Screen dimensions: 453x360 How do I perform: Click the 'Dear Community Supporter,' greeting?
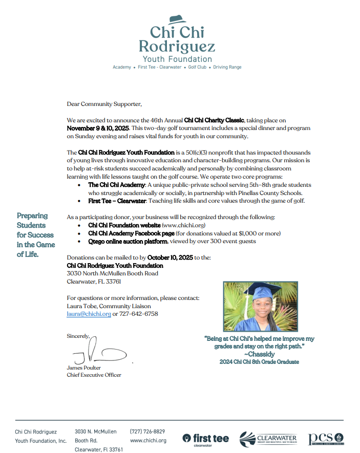(104, 104)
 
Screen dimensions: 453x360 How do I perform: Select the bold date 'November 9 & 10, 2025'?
(98, 127)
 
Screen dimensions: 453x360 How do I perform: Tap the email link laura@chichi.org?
(89, 314)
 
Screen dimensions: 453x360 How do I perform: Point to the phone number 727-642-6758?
(139, 314)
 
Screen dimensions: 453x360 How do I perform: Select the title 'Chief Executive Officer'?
(94, 375)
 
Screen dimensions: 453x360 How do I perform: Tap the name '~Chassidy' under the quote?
(259, 354)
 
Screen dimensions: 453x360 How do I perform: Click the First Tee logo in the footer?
(206, 439)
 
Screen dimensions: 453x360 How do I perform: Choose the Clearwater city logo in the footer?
(268, 439)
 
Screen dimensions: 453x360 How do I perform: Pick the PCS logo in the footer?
(326, 439)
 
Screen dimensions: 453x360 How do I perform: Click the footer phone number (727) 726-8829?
(147, 432)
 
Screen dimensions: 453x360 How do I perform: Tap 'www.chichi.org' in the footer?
(148, 441)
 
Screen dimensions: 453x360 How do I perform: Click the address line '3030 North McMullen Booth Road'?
(112, 273)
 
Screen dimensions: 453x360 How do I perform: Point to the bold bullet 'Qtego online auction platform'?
(128, 241)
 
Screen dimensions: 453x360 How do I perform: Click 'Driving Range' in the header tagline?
(227, 67)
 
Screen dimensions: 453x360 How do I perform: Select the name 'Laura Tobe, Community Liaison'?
(109, 306)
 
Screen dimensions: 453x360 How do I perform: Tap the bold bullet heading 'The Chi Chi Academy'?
(116, 185)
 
